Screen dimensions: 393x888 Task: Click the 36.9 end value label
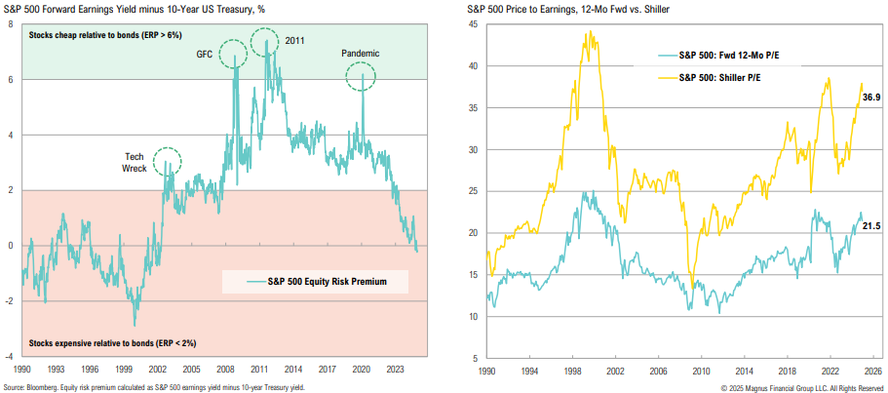point(871,97)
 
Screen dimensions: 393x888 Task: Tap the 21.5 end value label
point(870,225)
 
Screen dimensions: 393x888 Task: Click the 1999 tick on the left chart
point(124,371)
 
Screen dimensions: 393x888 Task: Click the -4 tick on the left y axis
point(9,357)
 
